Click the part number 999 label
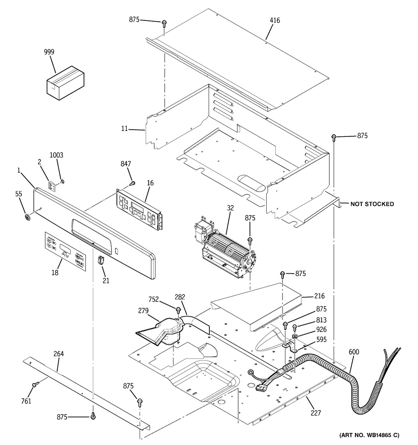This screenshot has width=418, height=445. (x=49, y=52)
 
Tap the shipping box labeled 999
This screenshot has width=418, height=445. (x=66, y=83)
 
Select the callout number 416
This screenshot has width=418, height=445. (x=275, y=20)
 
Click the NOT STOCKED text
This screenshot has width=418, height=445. (x=372, y=204)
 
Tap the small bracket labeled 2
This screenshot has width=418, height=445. (x=52, y=186)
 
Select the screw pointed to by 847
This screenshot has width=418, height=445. (x=132, y=184)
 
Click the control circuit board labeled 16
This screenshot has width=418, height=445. (x=139, y=209)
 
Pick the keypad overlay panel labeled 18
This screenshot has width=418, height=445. (x=65, y=251)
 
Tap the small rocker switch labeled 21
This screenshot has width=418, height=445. (x=100, y=260)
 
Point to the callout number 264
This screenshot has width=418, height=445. (x=59, y=354)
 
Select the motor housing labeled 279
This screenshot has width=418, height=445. (x=162, y=332)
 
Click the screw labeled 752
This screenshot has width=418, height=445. (x=178, y=309)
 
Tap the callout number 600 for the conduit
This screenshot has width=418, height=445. (x=354, y=352)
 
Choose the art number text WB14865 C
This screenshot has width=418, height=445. (x=370, y=435)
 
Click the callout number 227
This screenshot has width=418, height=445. (x=316, y=412)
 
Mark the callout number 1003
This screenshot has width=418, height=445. (x=56, y=155)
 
